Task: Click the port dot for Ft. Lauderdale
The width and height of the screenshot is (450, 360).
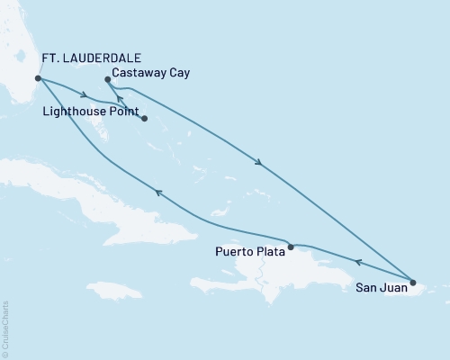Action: point(37,78)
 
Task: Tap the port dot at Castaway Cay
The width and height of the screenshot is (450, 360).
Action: point(107,79)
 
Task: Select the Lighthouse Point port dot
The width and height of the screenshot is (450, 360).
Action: point(144,117)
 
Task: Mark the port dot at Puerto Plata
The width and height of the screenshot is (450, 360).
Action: point(290,246)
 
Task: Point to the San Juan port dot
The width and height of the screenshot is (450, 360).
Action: point(413,282)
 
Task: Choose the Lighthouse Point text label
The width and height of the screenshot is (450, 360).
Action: point(93,114)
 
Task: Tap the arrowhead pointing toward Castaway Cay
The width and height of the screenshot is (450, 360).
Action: point(120,99)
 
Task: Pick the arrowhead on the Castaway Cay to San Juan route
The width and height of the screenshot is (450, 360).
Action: point(260,163)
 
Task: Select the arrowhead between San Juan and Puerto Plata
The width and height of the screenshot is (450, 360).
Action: point(357,263)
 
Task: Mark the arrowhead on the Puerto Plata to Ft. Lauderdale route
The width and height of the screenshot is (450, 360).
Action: point(158,191)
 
